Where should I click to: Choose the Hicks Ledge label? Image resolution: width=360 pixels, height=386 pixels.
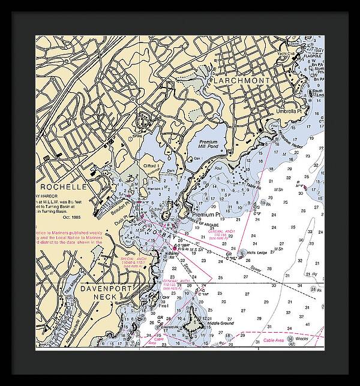[x=258, y=253]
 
